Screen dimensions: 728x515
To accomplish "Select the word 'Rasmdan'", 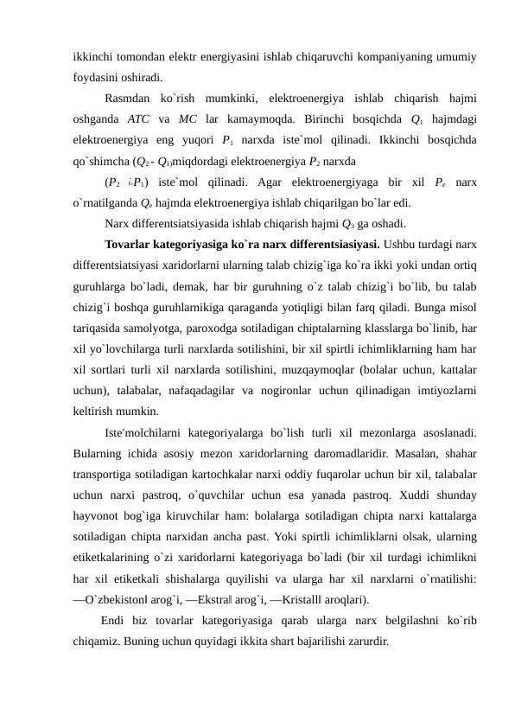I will (x=126, y=99).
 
